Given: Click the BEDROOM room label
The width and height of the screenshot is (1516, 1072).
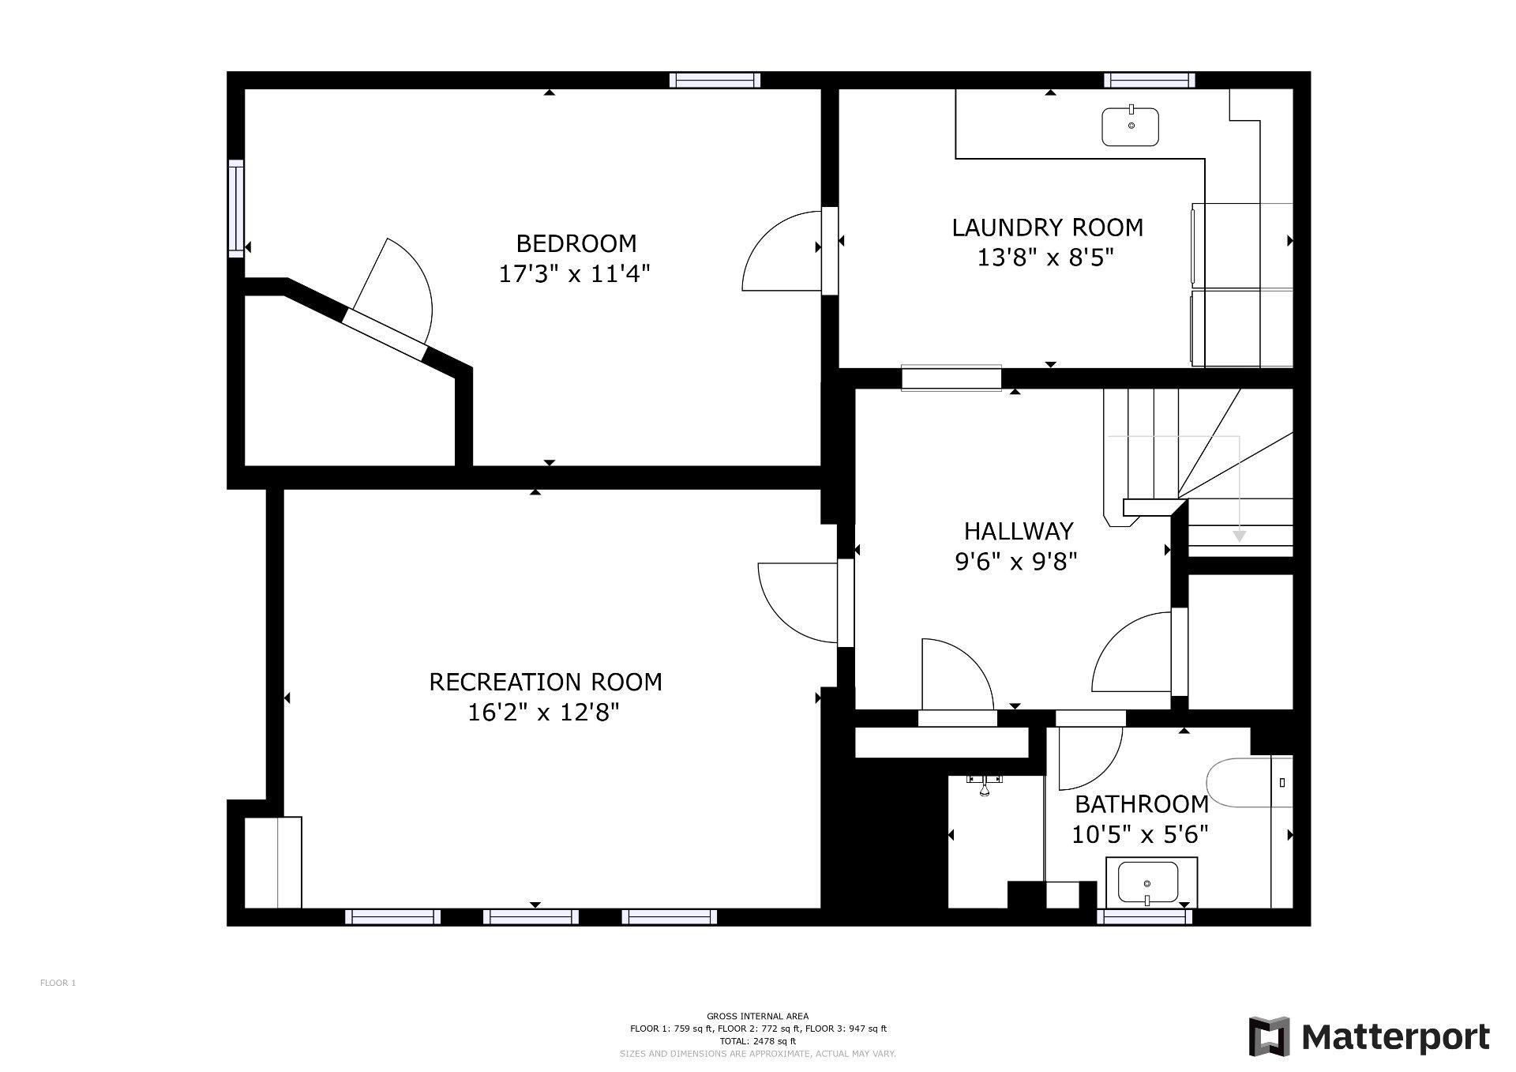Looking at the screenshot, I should pyautogui.click(x=576, y=243).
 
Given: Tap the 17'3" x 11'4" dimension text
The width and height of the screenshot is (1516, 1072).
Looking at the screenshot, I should pyautogui.click(x=574, y=274).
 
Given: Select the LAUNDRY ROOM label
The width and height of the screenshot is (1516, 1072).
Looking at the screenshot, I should pyautogui.click(x=1047, y=228).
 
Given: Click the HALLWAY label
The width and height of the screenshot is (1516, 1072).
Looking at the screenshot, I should pyautogui.click(x=1019, y=530).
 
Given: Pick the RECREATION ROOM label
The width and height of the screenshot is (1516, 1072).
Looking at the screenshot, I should pyautogui.click(x=545, y=682).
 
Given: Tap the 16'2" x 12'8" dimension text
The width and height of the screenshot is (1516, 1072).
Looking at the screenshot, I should pyautogui.click(x=543, y=713).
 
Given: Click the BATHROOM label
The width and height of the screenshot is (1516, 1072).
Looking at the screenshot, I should pyautogui.click(x=1142, y=804).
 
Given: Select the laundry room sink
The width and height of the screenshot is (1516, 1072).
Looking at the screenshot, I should pyautogui.click(x=1131, y=127).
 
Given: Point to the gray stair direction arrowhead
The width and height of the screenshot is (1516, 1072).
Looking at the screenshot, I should pyautogui.click(x=1239, y=536).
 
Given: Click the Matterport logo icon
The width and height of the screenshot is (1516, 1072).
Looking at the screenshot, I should pyautogui.click(x=1269, y=1036).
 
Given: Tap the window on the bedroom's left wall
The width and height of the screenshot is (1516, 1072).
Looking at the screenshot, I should pyautogui.click(x=236, y=208).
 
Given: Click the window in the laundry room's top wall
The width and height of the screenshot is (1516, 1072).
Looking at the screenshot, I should pyautogui.click(x=1149, y=80).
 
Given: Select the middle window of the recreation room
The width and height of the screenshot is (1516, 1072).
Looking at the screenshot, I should pyautogui.click(x=531, y=916).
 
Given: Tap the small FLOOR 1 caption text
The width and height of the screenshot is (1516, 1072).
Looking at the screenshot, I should pyautogui.click(x=58, y=983).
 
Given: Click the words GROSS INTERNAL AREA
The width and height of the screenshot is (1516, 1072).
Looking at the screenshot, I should pyautogui.click(x=757, y=1016).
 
